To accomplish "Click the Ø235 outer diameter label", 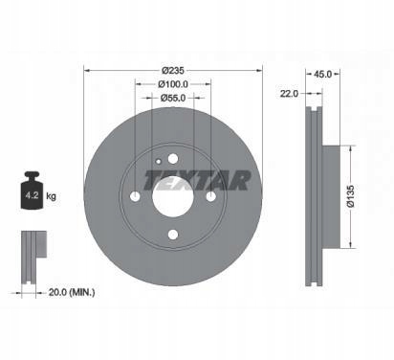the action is [x=173, y=70].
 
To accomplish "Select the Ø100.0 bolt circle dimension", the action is [x=173, y=84].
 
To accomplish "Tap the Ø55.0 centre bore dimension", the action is [x=173, y=98].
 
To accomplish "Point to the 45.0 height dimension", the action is [x=323, y=75].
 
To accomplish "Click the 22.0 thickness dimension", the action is [x=289, y=94].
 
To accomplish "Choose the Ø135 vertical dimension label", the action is [x=351, y=196].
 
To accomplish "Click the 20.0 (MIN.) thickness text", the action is [x=72, y=292].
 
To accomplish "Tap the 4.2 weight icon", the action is [x=32, y=191].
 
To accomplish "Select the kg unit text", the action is [x=51, y=195].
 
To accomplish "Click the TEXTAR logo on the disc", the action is [x=197, y=181].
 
